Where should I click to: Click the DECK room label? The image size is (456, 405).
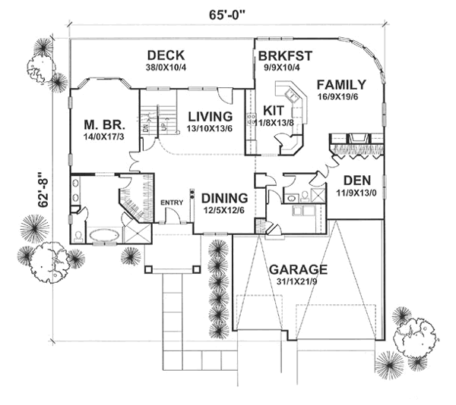click(168, 55)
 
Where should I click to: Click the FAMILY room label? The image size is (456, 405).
click(341, 84)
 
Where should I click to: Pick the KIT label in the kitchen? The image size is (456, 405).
click(274, 109)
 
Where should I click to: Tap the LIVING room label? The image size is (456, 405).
click(209, 116)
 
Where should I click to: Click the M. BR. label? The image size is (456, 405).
click(106, 124)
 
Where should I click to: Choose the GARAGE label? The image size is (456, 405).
click(297, 269)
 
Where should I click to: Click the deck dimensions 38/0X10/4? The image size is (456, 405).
click(168, 67)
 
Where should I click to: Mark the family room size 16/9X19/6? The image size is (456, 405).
click(342, 97)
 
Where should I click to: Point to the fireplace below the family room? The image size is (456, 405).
click(356, 141)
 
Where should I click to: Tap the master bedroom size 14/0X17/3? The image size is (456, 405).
click(106, 137)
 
